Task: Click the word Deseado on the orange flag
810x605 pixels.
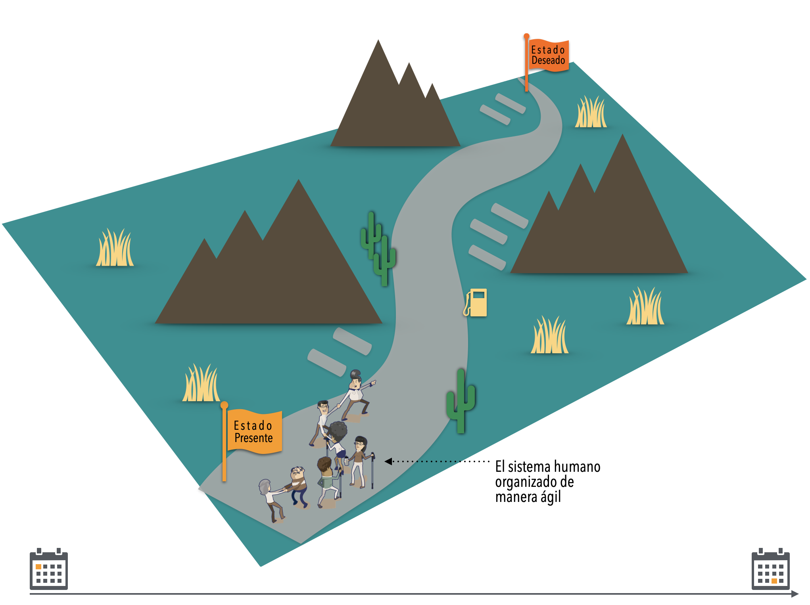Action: [x=548, y=61]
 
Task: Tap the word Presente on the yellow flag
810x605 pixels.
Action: [x=253, y=438]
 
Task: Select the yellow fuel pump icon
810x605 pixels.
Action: [x=476, y=302]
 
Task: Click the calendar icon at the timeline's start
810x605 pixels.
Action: [x=49, y=569]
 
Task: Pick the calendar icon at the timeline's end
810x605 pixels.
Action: [x=770, y=569]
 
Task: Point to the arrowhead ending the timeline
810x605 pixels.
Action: [x=795, y=594]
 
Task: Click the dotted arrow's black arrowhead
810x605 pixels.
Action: [x=388, y=461]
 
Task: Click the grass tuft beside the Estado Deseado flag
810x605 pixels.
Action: [x=591, y=113]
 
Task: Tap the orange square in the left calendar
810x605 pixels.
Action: [x=38, y=567]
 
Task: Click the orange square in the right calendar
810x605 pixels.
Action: [x=774, y=581]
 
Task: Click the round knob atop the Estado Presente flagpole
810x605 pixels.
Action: [x=224, y=405]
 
